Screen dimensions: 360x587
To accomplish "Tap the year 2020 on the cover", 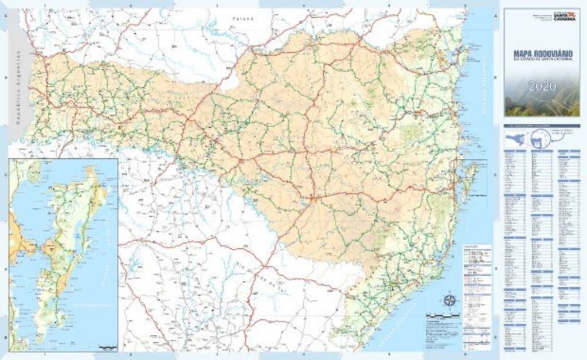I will (x=542, y=87).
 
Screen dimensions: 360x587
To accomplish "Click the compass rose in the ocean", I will (x=450, y=300).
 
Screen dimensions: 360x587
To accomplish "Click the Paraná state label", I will (x=242, y=19).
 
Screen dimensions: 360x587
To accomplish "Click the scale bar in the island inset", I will (x=107, y=347).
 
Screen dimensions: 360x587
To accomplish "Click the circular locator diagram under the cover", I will (x=538, y=138).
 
